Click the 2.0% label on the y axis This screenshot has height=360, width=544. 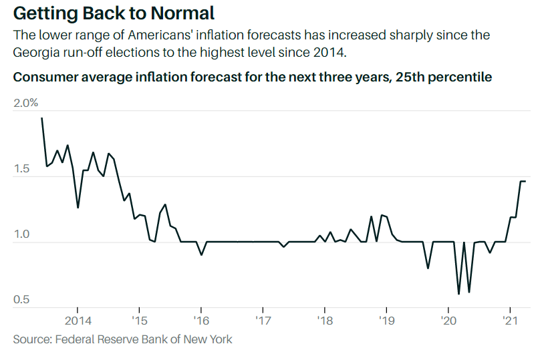click(x=26, y=103)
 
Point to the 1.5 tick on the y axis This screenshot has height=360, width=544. click(x=21, y=169)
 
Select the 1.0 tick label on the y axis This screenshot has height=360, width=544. click(x=21, y=234)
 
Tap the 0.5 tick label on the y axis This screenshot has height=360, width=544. click(x=21, y=300)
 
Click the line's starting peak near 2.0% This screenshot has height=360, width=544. click(x=41, y=118)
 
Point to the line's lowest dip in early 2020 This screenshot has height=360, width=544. click(x=458, y=293)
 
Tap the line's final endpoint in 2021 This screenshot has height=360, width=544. click(x=525, y=181)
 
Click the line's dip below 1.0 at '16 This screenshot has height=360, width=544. click(x=201, y=254)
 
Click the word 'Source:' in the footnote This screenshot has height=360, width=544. click(x=32, y=339)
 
